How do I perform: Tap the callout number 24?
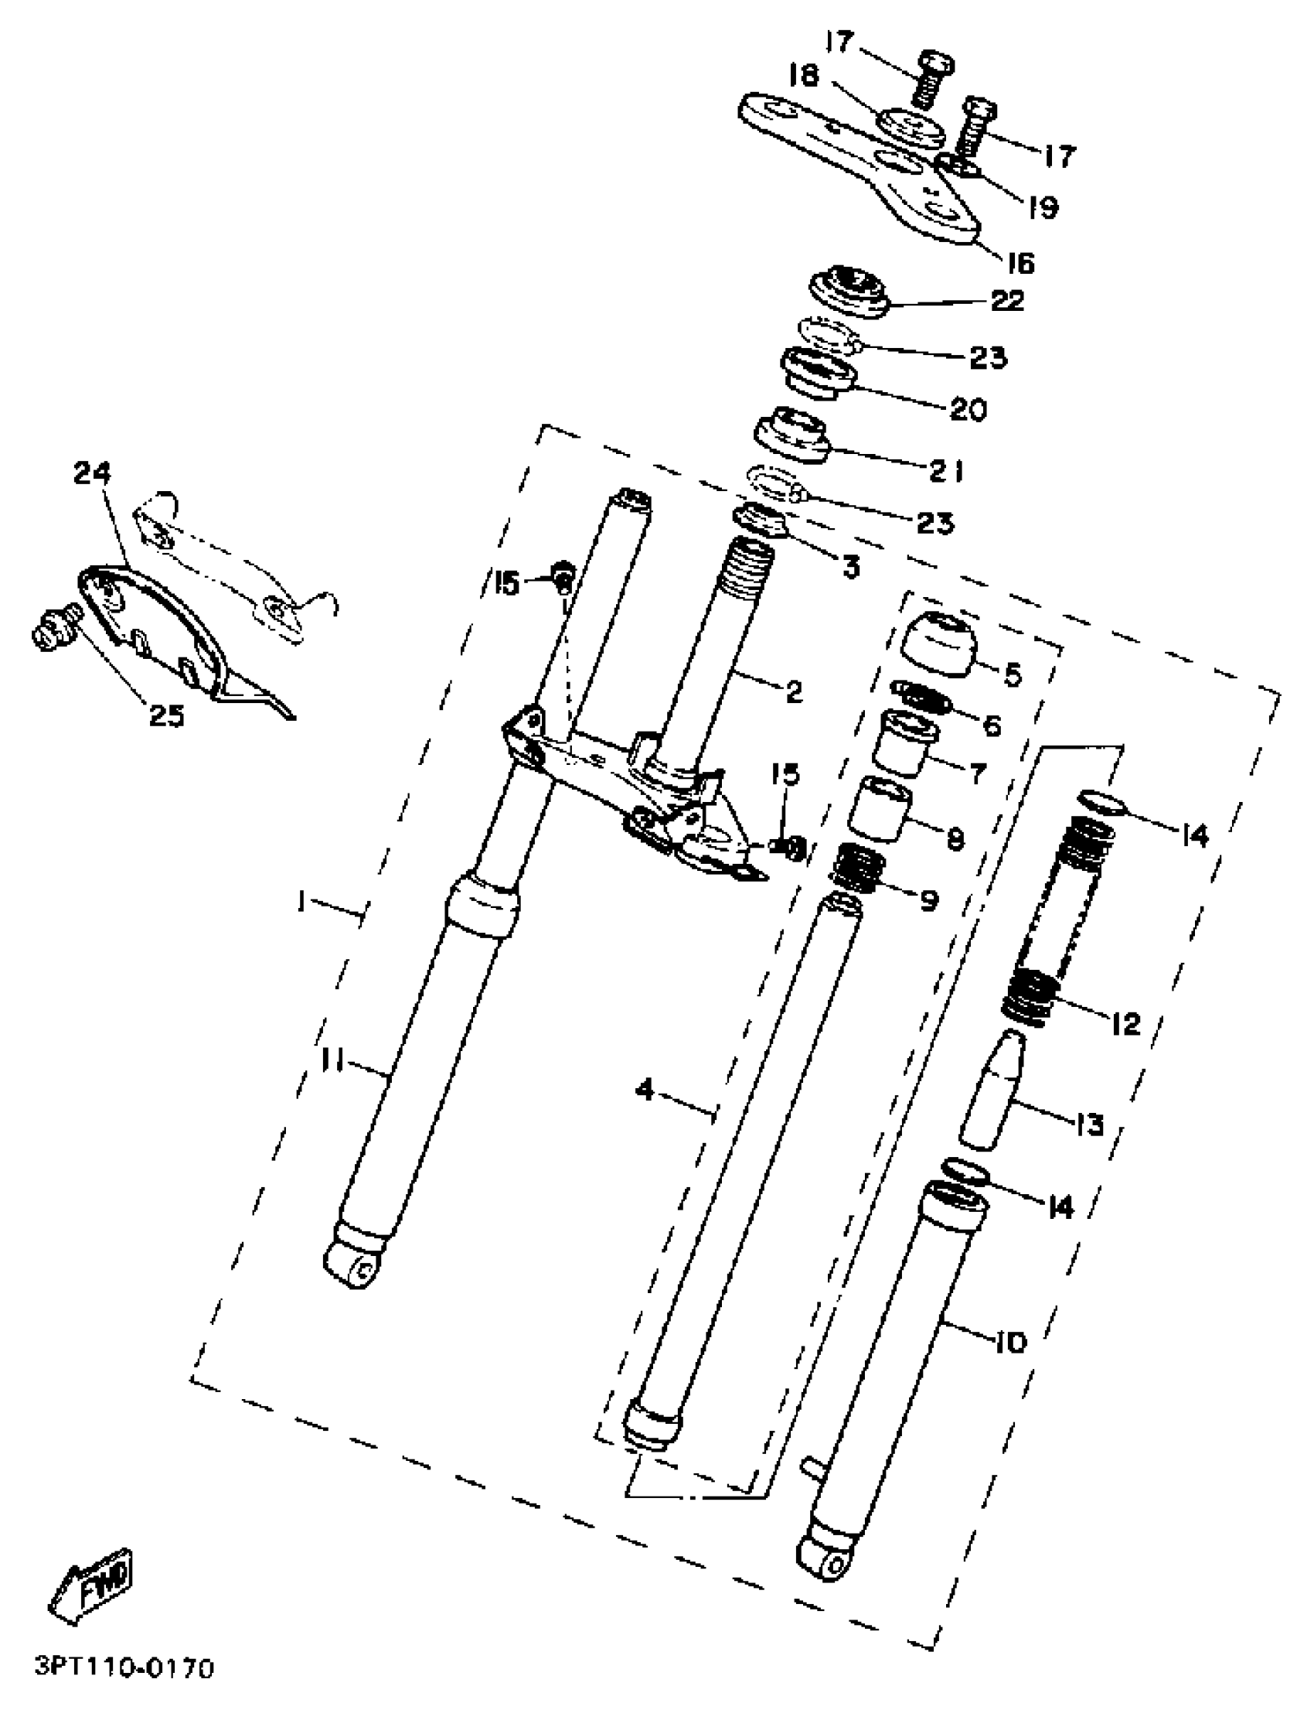(93, 473)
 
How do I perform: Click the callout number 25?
(167, 715)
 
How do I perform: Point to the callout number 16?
(1020, 263)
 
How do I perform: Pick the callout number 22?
(1006, 301)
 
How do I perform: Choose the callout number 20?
(968, 409)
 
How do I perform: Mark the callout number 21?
(947, 471)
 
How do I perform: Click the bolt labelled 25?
(53, 627)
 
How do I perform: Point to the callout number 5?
(1013, 674)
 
